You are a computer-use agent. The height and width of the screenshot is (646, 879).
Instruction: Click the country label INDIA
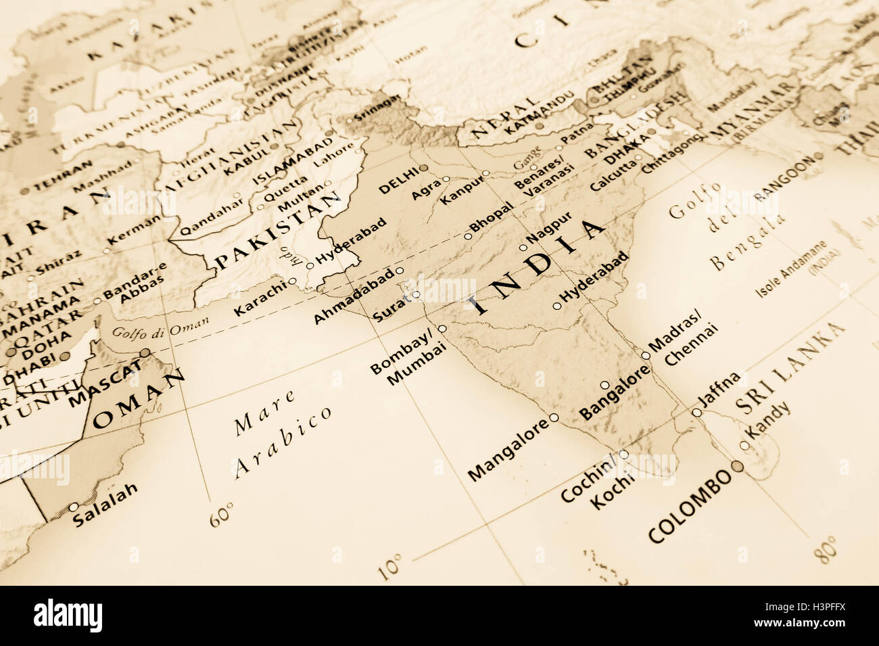pos(538,268)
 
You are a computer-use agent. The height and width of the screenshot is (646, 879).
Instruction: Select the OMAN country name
pos(139,400)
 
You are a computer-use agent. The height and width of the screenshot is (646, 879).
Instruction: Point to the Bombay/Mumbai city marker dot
pos(442,329)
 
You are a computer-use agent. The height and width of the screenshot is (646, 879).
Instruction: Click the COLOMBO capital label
pos(690,505)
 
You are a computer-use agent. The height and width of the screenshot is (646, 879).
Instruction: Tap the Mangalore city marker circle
pos(554,417)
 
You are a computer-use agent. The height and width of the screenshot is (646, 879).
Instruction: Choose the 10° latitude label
pos(391,567)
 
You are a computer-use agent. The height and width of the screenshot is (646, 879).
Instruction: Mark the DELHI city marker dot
pos(423,167)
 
